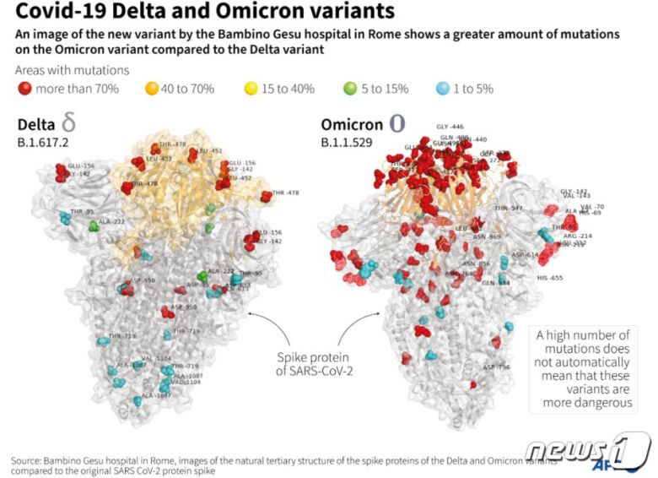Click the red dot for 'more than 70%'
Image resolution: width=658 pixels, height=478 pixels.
pyautogui.click(x=26, y=89)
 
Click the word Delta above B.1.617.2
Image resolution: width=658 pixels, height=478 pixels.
pyautogui.click(x=38, y=125)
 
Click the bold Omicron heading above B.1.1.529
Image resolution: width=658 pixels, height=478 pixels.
pyautogui.click(x=349, y=124)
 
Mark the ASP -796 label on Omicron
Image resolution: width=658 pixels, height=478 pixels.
pyautogui.click(x=496, y=367)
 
